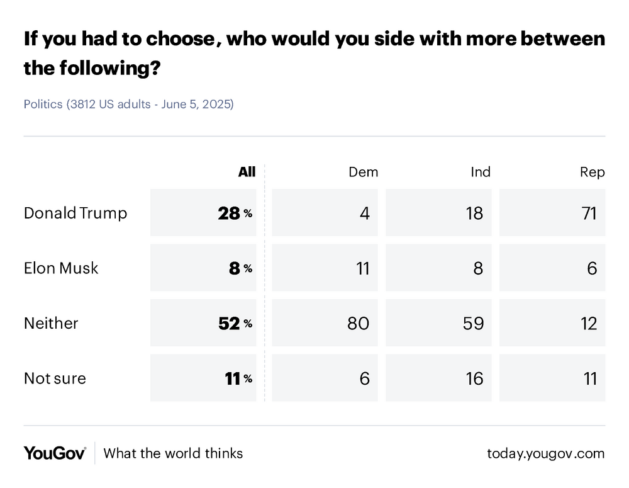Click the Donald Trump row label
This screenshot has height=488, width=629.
75,213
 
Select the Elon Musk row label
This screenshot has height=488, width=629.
61,268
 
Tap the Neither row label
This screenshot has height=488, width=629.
51,323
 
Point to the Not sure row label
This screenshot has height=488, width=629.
55,378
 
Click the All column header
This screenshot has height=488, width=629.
247,172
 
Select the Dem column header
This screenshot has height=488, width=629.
363,172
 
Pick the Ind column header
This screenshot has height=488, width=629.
481,172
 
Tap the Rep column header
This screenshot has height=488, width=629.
593,172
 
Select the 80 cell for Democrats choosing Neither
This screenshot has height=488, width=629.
357,323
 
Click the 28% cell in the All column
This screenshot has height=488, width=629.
235,213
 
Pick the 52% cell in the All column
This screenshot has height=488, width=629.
235,323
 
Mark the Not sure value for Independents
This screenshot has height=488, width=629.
474,378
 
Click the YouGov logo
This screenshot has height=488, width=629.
55,453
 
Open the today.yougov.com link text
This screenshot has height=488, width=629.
545,453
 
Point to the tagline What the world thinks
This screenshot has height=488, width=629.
173,453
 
